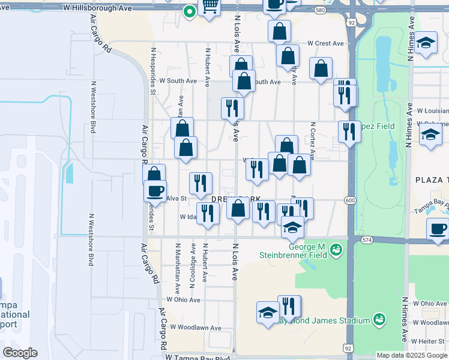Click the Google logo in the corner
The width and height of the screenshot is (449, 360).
20,353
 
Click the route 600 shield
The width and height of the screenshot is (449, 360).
351,200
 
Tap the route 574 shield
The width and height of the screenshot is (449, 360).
367,240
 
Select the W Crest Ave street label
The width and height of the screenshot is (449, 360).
325,43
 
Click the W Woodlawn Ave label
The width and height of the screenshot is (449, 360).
196,328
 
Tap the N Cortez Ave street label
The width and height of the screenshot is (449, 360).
313,138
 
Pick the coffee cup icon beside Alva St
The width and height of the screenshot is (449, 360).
155,191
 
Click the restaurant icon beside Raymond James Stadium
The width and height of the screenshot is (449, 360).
289,306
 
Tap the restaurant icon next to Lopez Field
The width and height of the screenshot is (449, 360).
349,131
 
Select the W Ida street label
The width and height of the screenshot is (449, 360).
188,217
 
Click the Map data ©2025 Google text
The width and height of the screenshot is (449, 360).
411,355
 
